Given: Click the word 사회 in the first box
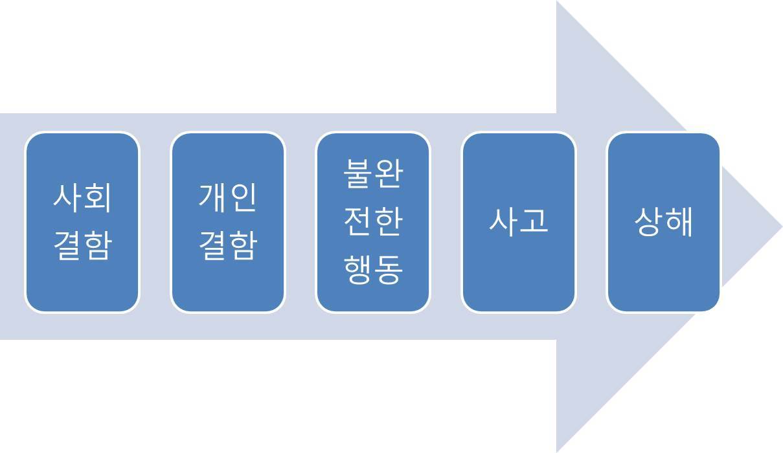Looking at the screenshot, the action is point(82,197).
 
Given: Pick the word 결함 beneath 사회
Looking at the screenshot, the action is point(82,245).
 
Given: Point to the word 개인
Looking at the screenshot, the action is point(227,197).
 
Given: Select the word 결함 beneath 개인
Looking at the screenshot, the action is point(227,245).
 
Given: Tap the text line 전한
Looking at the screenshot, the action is point(373,221).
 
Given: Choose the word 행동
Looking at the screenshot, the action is point(373,269).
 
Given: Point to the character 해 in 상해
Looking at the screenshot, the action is point(679,221).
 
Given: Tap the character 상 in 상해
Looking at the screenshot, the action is point(648,221).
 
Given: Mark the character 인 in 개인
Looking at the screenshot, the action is point(243,197).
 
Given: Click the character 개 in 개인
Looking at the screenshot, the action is point(212,197).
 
